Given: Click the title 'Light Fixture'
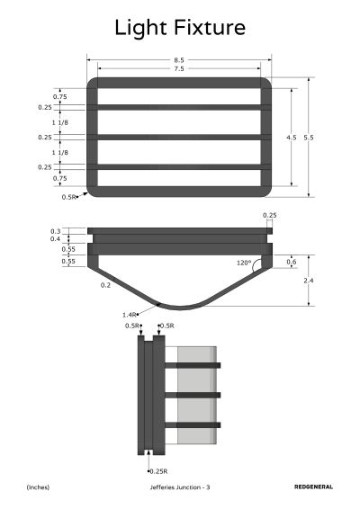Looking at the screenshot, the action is click(x=180, y=28).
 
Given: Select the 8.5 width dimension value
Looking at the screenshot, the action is click(x=179, y=60).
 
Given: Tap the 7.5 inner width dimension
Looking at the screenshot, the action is click(x=179, y=69).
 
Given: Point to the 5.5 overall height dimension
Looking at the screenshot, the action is click(x=309, y=138).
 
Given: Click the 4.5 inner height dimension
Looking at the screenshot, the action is click(x=291, y=138).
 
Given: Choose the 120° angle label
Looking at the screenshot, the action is click(x=244, y=263).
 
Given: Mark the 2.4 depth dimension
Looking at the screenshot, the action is click(x=309, y=281).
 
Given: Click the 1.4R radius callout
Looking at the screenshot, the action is click(x=129, y=315).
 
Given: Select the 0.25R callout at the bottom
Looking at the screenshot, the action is click(x=159, y=471).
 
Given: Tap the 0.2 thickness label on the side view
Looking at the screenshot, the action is click(x=105, y=285).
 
